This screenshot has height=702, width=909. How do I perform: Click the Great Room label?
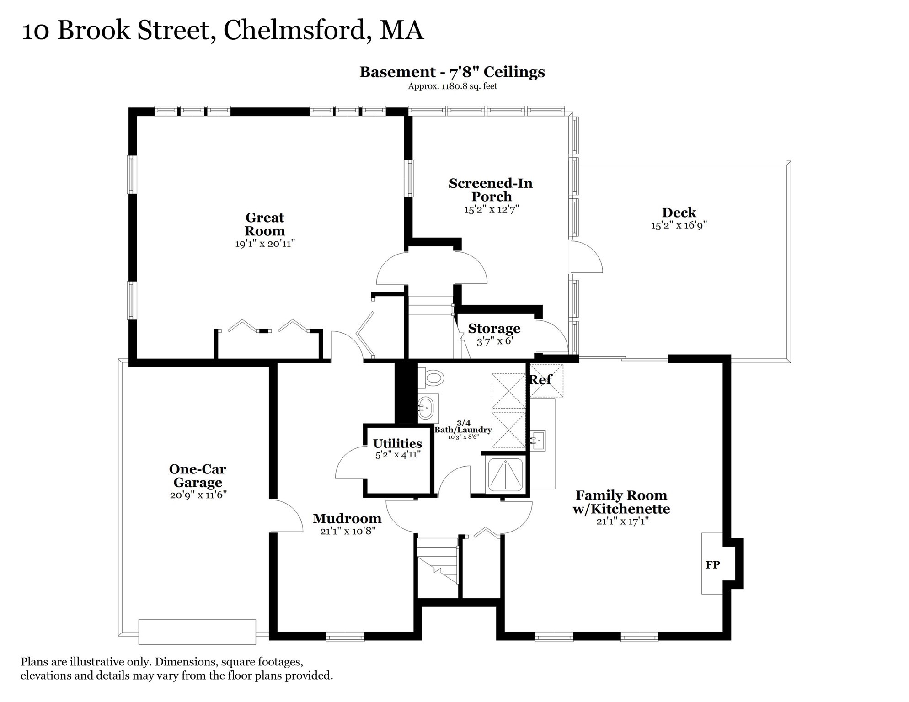(x=265, y=224)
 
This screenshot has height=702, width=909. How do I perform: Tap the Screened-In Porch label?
(x=491, y=190)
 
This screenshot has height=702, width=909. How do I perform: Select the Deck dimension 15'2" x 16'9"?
(x=679, y=225)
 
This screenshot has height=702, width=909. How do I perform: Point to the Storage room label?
(x=494, y=329)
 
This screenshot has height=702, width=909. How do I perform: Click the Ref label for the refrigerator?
(x=540, y=379)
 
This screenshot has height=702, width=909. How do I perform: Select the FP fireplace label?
(x=712, y=565)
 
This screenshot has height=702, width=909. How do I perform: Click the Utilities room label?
(x=397, y=443)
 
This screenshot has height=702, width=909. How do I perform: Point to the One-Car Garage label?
(x=198, y=475)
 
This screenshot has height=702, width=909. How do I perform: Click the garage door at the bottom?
(x=197, y=632)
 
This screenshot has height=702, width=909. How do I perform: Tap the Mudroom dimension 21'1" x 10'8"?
(x=348, y=531)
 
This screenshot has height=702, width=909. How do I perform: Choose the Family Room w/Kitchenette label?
(x=621, y=502)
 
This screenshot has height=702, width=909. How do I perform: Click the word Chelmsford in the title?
(x=294, y=31)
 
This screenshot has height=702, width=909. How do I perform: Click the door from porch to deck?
(x=586, y=257)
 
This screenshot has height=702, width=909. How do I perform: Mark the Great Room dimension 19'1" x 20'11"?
(x=265, y=244)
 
